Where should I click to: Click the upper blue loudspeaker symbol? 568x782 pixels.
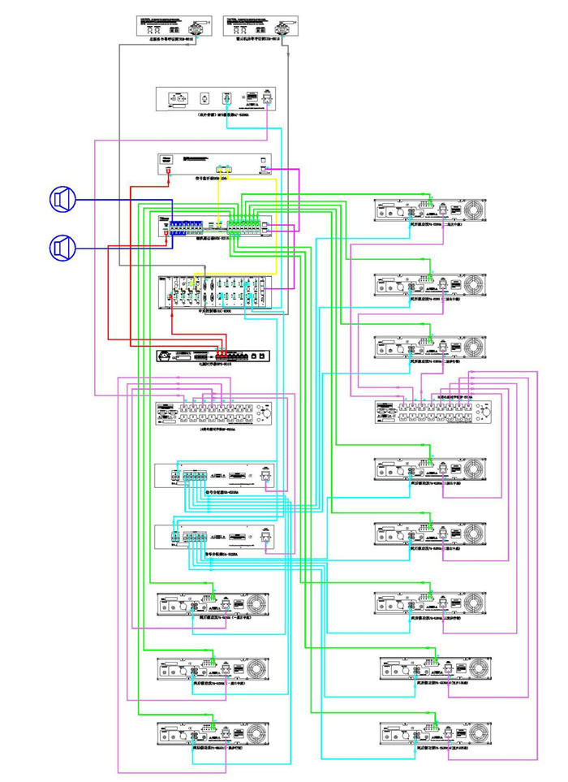coord(62,198)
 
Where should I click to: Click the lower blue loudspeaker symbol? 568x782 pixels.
coord(62,246)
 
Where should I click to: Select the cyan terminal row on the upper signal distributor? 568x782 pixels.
coord(195,476)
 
